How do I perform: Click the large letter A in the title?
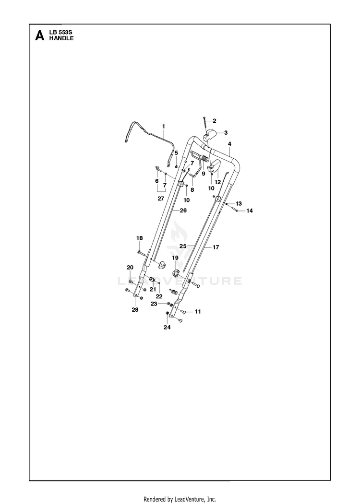coord(39,35)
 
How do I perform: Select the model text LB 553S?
coord(61,33)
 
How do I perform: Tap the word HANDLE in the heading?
coord(61,38)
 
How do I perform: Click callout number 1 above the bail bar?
coord(163,127)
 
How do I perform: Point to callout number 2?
coord(214,121)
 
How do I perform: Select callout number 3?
coord(226,133)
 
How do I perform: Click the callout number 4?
coord(229,143)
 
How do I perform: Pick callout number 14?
coord(250,211)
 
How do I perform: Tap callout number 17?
coord(216,247)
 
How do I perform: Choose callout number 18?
coord(139,238)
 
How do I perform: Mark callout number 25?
coord(183,246)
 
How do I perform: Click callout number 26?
coord(183,211)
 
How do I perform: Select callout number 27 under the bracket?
coord(161,199)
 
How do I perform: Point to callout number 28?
coord(135,310)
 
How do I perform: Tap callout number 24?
coord(167,327)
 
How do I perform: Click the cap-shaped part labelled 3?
coord(210,134)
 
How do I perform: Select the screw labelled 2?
coord(205,123)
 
